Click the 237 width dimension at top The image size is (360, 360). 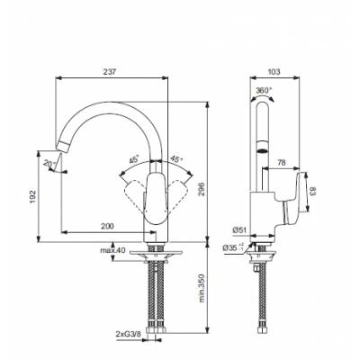point(111,73)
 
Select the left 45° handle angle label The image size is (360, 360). point(134,158)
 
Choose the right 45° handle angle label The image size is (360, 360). point(176,158)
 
